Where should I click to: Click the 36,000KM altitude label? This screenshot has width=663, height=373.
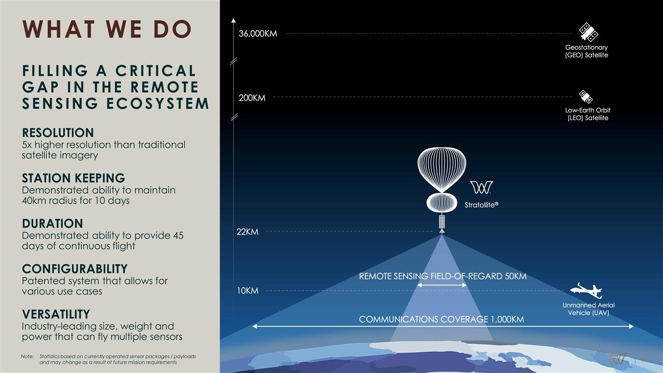(258, 34)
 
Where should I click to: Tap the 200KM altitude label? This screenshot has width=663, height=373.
(252, 98)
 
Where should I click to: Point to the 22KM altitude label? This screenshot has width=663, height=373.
(248, 232)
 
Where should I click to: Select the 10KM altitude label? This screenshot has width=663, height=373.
(248, 291)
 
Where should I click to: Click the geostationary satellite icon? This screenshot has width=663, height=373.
(588, 32)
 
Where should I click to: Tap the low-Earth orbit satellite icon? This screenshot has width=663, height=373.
(586, 96)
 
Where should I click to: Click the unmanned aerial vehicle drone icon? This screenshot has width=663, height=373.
(586, 291)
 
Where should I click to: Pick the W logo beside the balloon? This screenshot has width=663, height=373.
(482, 188)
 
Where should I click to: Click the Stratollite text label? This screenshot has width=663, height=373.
(482, 205)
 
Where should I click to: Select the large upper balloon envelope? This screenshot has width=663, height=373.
(442, 169)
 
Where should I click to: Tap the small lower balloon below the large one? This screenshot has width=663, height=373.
(442, 203)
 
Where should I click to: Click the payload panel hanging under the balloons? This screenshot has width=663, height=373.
(442, 222)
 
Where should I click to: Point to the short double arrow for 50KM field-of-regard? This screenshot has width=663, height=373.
(442, 285)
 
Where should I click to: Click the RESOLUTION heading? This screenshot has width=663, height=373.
(58, 133)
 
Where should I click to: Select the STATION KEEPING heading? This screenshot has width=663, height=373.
(74, 178)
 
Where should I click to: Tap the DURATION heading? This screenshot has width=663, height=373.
(52, 223)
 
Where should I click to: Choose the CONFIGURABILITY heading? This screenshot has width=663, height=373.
(75, 269)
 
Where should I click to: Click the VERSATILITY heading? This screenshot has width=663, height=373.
(56, 314)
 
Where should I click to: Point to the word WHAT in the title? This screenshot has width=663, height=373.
(59, 29)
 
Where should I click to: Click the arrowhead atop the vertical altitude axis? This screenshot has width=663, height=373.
(234, 20)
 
